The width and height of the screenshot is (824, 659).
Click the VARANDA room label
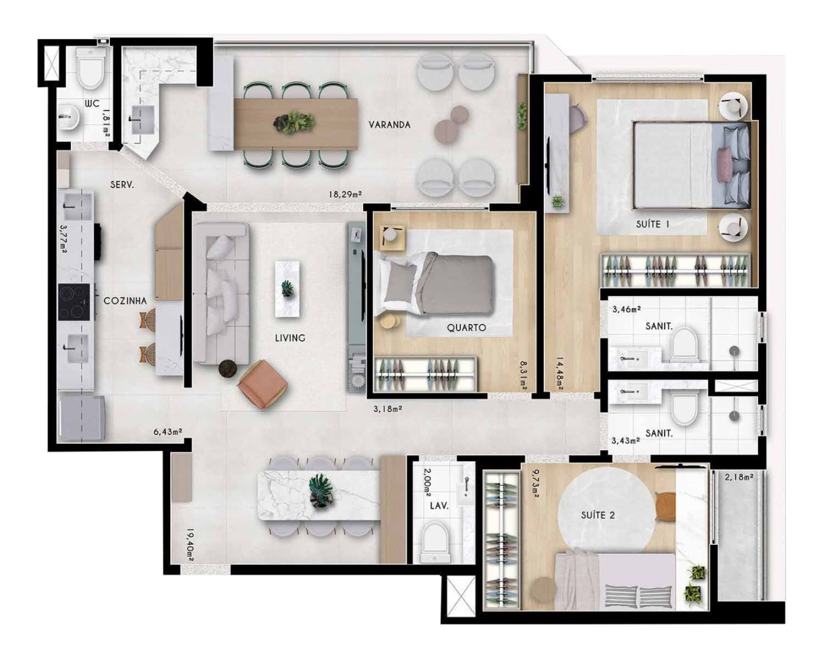tap(390, 125)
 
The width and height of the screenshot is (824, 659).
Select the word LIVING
tap(290, 338)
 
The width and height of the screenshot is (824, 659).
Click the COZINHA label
tap(125, 301)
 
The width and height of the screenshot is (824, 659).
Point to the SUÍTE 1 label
tap(653, 224)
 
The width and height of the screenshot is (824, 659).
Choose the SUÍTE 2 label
tap(598, 515)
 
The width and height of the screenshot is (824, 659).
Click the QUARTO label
tap(467, 328)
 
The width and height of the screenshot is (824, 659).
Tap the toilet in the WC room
tap(91, 67)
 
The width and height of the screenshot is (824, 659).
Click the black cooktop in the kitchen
tap(74, 302)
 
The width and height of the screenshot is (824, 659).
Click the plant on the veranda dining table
tap(294, 121)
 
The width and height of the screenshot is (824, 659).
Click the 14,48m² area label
tap(560, 374)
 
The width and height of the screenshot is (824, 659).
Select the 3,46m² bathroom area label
tap(627, 308)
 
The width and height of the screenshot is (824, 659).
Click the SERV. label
tap(122, 185)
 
